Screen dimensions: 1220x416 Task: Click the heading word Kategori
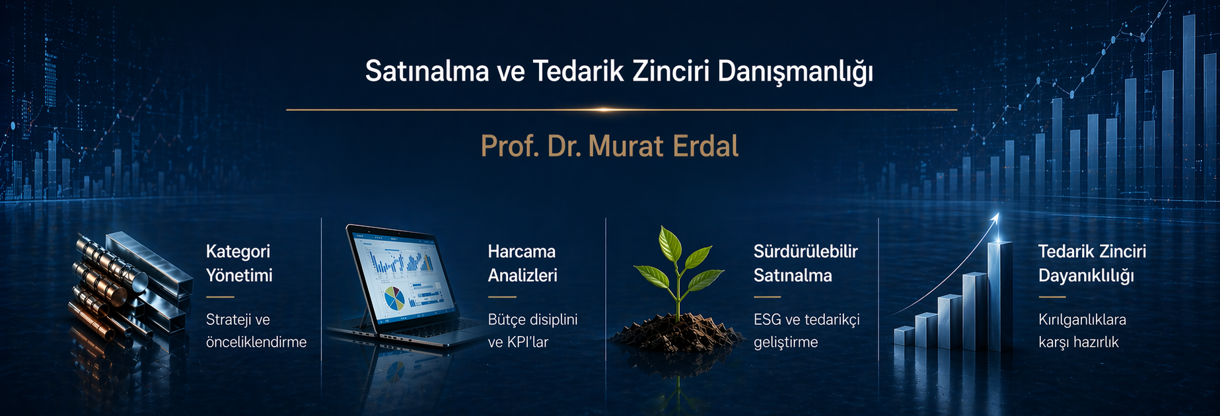(238, 252)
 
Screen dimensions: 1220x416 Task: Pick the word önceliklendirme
(256, 342)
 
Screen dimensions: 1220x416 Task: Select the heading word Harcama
(522, 252)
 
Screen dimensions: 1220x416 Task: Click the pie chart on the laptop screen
(395, 298)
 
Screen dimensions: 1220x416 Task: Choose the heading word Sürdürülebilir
(806, 252)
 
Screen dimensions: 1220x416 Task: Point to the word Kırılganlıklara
(1082, 320)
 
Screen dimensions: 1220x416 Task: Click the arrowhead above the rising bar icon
(995, 218)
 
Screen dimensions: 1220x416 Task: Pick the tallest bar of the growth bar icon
(1000, 295)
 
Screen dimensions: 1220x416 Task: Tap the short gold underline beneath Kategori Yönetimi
(220, 297)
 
